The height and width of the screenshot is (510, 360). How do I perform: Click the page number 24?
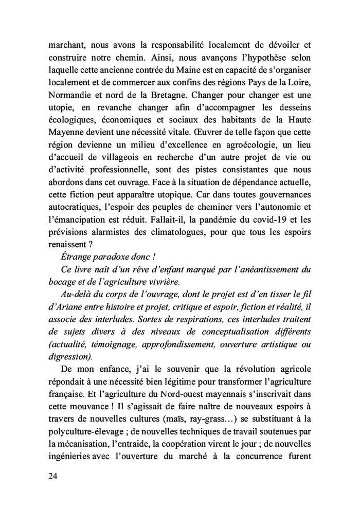click(52, 476)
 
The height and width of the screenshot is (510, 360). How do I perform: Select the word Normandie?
click(68, 95)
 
